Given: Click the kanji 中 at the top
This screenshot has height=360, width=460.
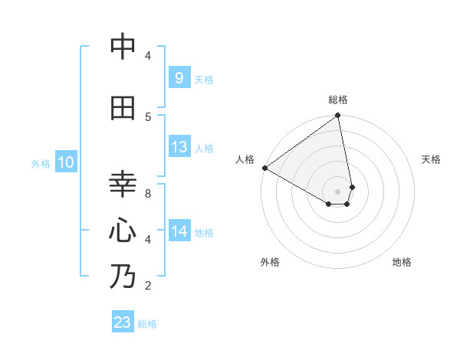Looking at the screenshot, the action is coord(123,47).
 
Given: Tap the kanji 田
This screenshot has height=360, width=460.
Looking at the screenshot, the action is coord(123,109).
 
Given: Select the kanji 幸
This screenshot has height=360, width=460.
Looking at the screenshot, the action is coord(123,185).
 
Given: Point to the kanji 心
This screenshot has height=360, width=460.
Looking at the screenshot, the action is coord(123,231).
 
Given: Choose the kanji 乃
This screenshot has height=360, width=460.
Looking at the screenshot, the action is coord(123,277).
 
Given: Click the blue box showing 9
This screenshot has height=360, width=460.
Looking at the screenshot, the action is coord(179,77).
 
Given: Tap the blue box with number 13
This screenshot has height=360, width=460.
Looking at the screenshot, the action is coord(179,147).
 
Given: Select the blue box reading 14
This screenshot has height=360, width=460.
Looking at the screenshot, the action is coord(179,231).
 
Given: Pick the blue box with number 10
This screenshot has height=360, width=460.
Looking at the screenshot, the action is coord(66,162).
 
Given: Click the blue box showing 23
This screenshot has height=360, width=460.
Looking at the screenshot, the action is coord(122,322).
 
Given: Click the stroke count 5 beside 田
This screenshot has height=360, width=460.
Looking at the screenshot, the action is coord(148,117).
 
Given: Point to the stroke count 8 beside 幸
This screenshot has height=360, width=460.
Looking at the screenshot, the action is coord(148,194).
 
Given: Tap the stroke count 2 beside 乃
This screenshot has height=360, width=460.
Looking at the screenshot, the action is coord(148,286).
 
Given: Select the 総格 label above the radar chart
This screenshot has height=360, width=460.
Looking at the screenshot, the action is coord(338,100).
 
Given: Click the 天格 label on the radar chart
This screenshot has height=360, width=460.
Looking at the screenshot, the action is coord(432,159).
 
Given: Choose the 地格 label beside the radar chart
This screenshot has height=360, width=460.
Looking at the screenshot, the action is coord(402,262).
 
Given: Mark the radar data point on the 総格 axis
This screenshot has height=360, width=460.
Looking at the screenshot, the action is coord(337,116).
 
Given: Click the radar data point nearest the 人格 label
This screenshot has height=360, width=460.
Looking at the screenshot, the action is coord(264,168).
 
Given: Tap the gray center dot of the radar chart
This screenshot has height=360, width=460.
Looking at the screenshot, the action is coord(337,191).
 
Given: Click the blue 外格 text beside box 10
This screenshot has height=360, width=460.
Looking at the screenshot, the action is coord(41,163).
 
